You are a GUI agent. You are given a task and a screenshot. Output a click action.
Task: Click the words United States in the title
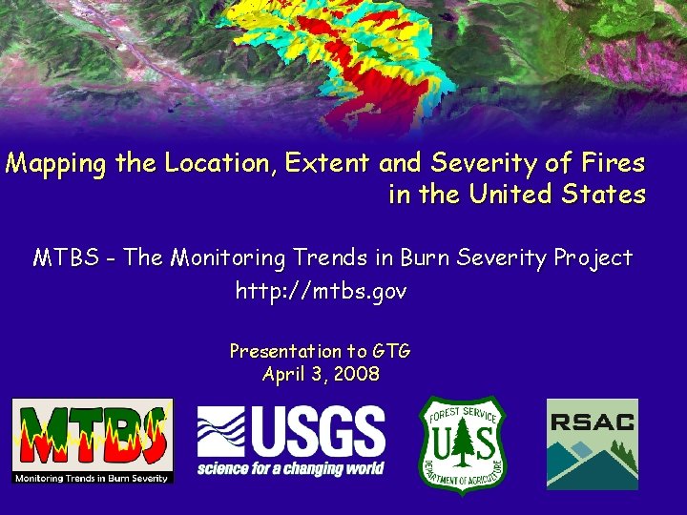(558, 195)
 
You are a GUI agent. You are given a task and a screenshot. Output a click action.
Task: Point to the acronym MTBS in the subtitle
(63, 258)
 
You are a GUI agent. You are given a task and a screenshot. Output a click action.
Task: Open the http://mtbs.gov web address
(321, 292)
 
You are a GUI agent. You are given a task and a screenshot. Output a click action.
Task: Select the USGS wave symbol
(221, 432)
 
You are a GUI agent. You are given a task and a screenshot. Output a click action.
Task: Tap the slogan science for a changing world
(291, 468)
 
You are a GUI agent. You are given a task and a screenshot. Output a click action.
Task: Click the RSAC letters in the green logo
(593, 422)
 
